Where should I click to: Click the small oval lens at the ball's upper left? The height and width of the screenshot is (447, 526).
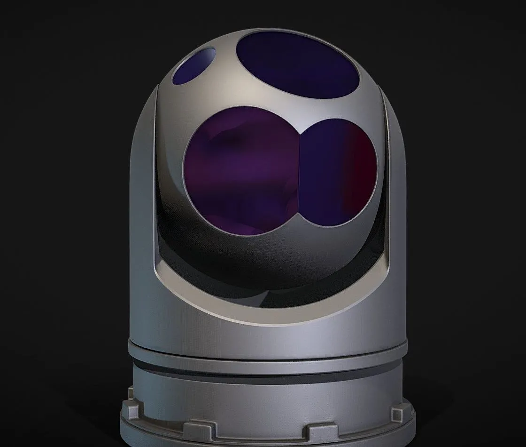[x=194, y=66]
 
